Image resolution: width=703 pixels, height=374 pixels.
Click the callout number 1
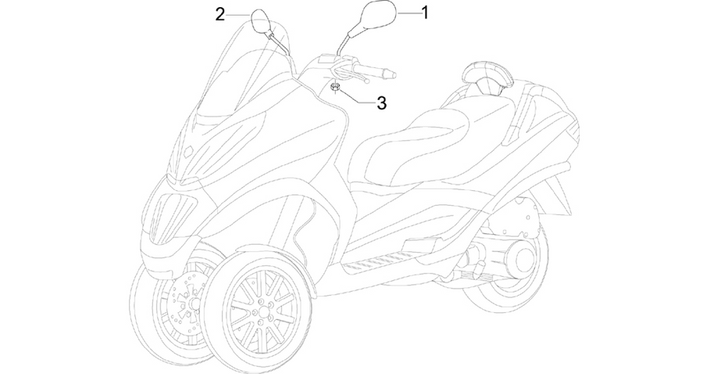click(425, 13)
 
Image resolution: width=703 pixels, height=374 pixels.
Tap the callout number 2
click(219, 15)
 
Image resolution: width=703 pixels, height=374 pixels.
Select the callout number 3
click(381, 103)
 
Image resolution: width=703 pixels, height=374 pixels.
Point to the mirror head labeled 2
click(259, 20)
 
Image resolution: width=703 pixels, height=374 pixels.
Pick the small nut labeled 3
click(335, 87)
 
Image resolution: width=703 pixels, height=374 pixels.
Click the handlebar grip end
click(392, 74)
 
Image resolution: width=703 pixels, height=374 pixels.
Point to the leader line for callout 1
click(409, 13)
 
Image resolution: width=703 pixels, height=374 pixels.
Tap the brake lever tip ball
click(367, 81)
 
